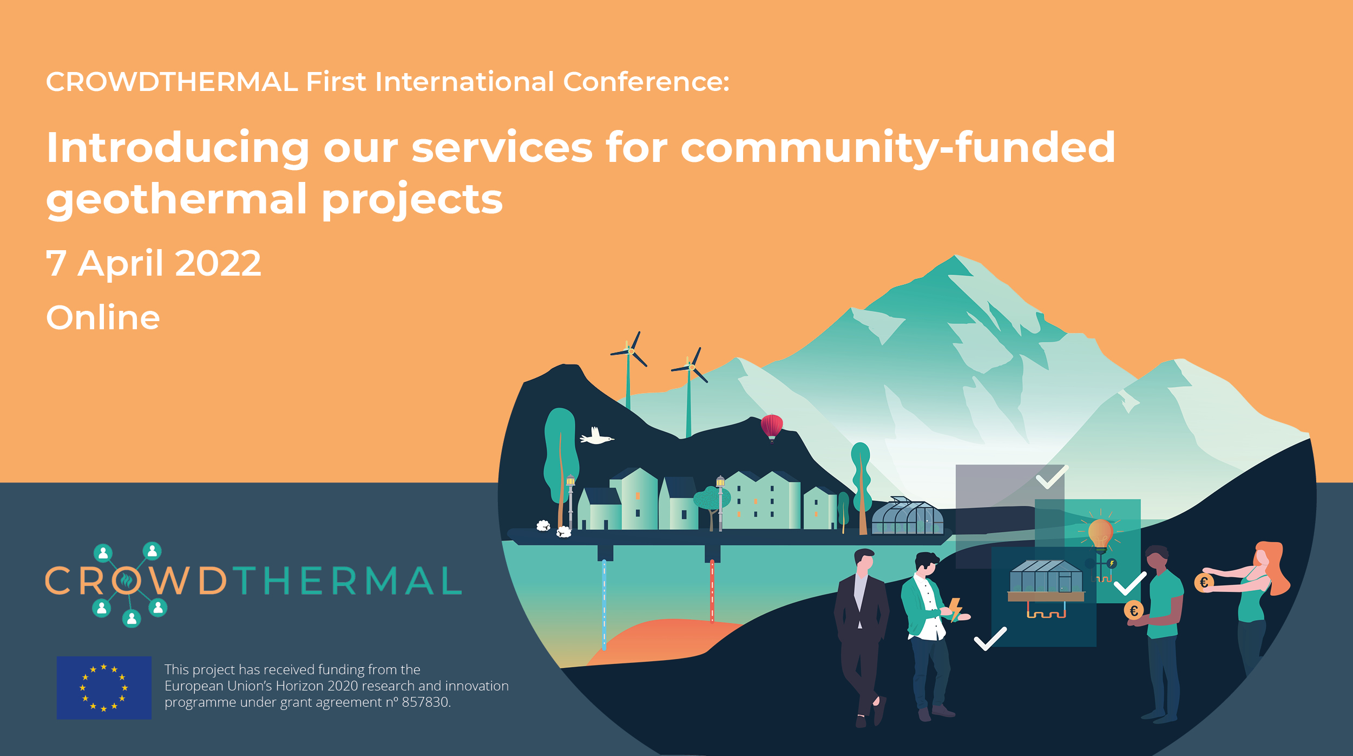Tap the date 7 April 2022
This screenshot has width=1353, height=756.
coord(153,264)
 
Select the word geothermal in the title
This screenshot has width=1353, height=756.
coord(176,199)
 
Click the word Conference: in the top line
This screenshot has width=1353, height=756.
coord(646,82)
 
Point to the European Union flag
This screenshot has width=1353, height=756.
coord(104,687)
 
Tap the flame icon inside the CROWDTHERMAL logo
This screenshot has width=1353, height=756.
coord(126,581)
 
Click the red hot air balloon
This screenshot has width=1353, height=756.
coord(771,426)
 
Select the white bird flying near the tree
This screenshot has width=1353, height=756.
coord(596,436)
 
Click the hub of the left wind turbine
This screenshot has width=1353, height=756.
coord(630,351)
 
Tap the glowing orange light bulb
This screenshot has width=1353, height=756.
coord(1100,533)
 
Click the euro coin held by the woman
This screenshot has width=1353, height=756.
coord(1204,583)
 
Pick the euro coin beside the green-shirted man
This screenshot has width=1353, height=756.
coord(1133,611)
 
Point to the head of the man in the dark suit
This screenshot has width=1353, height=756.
coord(864,561)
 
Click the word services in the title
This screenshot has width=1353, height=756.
coord(502,148)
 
